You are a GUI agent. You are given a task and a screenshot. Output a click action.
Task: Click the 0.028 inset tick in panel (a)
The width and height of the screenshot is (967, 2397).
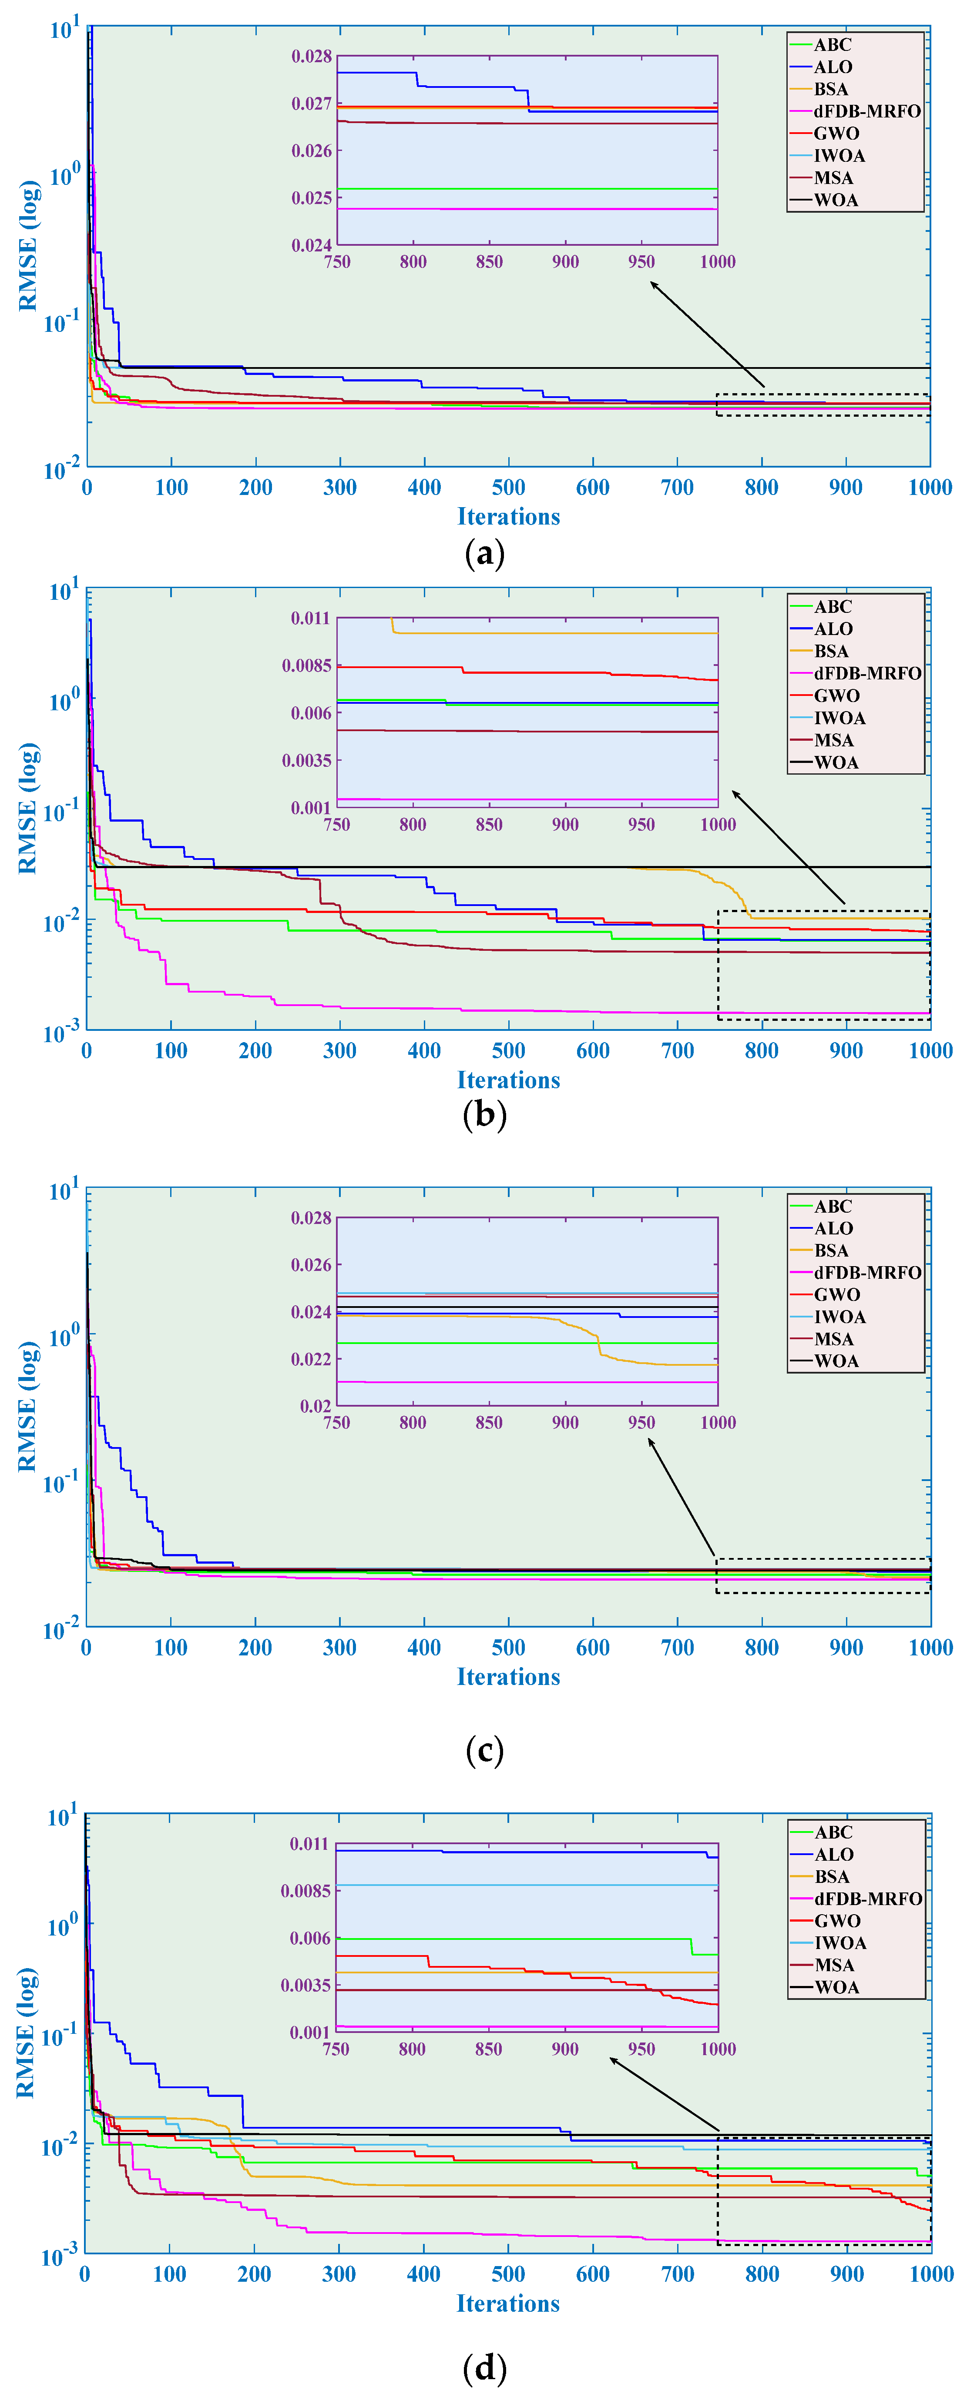312,57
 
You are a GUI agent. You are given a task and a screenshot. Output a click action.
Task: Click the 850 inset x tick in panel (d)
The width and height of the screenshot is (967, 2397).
488,2048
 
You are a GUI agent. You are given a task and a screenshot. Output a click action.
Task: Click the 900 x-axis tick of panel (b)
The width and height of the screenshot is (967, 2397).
846,1050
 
